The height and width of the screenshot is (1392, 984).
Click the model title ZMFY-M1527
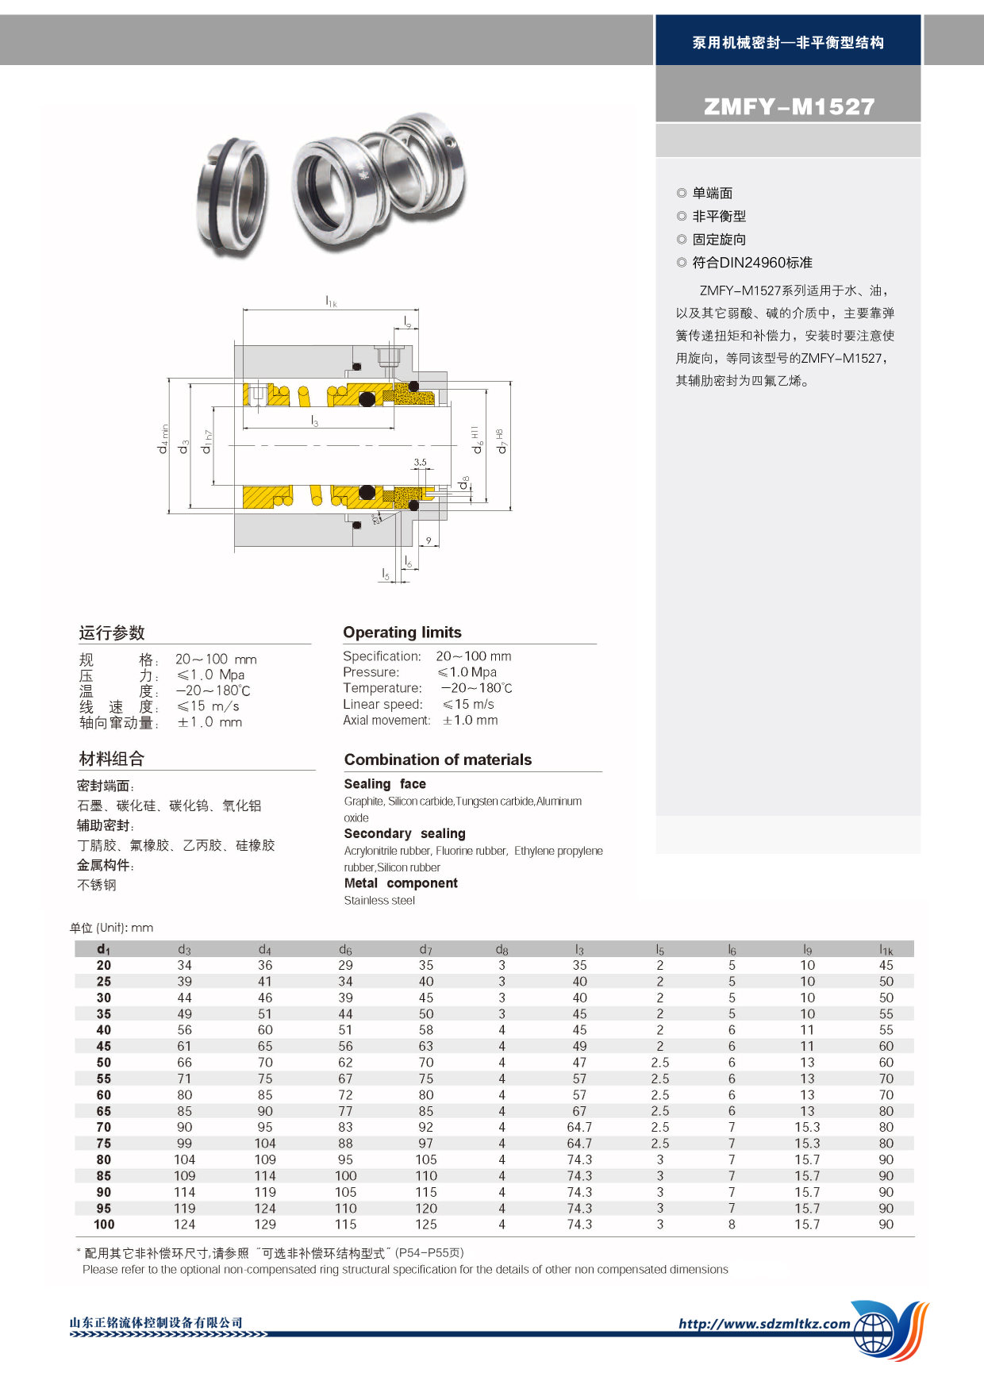click(x=789, y=106)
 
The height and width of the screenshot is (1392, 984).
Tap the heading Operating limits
click(x=402, y=633)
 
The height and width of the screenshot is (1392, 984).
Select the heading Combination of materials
click(x=438, y=759)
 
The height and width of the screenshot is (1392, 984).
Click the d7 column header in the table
click(x=426, y=949)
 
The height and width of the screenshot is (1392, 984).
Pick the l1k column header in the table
click(x=886, y=949)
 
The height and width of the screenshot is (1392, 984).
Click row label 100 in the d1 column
click(x=104, y=1225)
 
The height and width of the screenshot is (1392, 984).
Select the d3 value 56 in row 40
click(x=185, y=1030)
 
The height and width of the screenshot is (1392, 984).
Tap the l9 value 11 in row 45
click(x=807, y=1046)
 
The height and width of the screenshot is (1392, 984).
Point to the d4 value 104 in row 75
click(x=265, y=1144)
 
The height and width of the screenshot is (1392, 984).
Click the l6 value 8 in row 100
click(x=732, y=1225)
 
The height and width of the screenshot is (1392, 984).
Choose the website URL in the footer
click(x=764, y=1323)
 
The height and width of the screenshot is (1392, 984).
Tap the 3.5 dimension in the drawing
click(x=420, y=462)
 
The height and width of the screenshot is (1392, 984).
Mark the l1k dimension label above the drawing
click(x=331, y=301)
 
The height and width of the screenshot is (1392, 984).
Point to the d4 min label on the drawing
click(x=163, y=439)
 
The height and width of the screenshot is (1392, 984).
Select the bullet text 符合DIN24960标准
click(x=751, y=263)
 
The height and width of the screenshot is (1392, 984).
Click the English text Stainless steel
click(x=379, y=900)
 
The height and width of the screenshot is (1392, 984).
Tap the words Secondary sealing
click(x=405, y=833)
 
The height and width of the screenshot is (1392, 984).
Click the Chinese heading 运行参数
click(x=112, y=633)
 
